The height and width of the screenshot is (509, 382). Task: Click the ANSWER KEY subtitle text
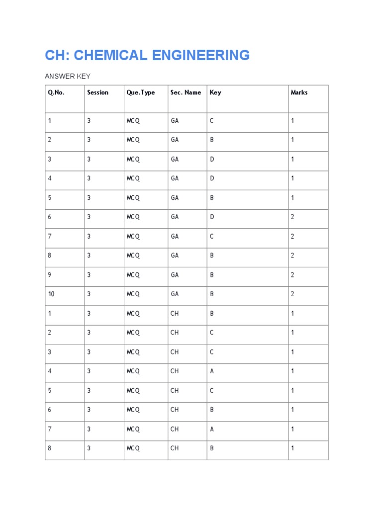pyautogui.click(x=68, y=76)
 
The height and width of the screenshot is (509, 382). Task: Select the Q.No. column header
pyautogui.click(x=56, y=92)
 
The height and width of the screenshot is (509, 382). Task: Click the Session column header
pyautogui.click(x=97, y=92)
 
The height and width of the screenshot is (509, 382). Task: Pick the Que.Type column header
pyautogui.click(x=141, y=92)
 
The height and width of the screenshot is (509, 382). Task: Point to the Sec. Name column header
pyautogui.click(x=186, y=92)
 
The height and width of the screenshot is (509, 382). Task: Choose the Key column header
pyautogui.click(x=215, y=92)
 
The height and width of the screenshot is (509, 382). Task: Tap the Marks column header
pyautogui.click(x=299, y=92)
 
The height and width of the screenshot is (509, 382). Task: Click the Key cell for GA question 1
pyautogui.click(x=212, y=121)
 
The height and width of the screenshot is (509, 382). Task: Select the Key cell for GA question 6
pyautogui.click(x=212, y=217)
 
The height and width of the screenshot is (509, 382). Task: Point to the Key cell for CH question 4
pyautogui.click(x=212, y=371)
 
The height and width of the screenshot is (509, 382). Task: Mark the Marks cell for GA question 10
pyautogui.click(x=292, y=294)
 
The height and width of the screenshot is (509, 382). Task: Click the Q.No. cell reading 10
pyautogui.click(x=51, y=294)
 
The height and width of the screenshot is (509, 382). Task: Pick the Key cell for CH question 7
pyautogui.click(x=212, y=429)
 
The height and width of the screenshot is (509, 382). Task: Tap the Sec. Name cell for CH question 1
pyautogui.click(x=175, y=314)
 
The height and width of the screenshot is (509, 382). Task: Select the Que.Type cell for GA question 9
pyautogui.click(x=133, y=275)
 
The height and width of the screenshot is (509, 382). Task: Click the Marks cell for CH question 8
pyautogui.click(x=292, y=448)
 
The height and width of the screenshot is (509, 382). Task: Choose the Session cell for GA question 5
pyautogui.click(x=89, y=198)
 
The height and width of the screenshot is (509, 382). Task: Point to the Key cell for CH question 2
pyautogui.click(x=212, y=333)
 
